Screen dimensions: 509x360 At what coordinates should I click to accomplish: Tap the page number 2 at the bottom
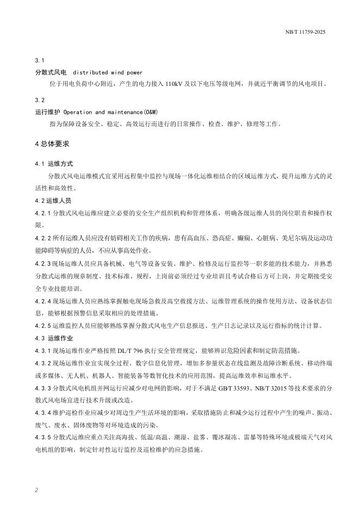(36, 490)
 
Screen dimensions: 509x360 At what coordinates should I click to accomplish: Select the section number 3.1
(39, 60)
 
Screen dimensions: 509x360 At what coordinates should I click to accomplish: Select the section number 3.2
(39, 101)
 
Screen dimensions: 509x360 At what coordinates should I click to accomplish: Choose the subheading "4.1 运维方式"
(54, 164)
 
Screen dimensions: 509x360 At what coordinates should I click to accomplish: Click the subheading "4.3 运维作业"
(54, 338)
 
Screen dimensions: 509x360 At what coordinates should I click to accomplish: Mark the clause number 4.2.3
(43, 263)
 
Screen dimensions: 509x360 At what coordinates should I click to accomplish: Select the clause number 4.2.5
(43, 326)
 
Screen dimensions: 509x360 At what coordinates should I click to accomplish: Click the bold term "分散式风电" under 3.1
(51, 72)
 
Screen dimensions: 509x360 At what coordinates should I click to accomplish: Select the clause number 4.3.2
(43, 363)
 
